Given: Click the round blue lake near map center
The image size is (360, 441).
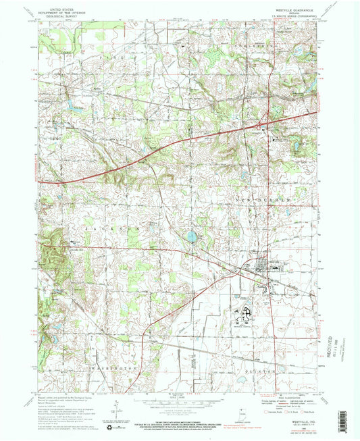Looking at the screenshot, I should point(192,236).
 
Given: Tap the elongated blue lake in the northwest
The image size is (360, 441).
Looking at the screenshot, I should point(70,105).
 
